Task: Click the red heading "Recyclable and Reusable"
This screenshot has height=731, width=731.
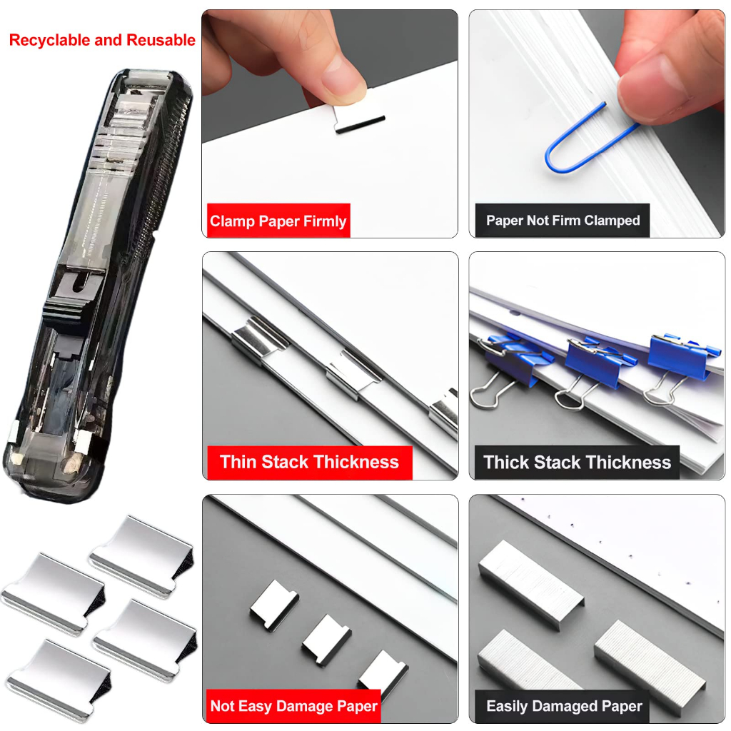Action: pyautogui.click(x=102, y=40)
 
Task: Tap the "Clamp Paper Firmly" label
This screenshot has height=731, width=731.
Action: pyautogui.click(x=278, y=221)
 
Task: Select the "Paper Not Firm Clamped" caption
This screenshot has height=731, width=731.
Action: pyautogui.click(x=563, y=221)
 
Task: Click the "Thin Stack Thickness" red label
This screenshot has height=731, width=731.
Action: pyautogui.click(x=309, y=462)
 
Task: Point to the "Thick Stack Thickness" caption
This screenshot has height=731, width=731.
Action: pyautogui.click(x=577, y=463)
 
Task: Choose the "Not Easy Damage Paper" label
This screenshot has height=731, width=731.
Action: pyautogui.click(x=293, y=706)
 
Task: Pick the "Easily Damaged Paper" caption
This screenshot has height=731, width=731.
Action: pyautogui.click(x=564, y=706)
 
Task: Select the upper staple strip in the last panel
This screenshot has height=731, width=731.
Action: pyautogui.click(x=531, y=585)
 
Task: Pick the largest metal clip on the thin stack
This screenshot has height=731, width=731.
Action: pyautogui.click(x=258, y=341)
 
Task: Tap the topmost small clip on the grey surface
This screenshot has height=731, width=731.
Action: pyautogui.click(x=274, y=605)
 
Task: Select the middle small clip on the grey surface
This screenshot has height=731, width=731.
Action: pyautogui.click(x=326, y=640)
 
